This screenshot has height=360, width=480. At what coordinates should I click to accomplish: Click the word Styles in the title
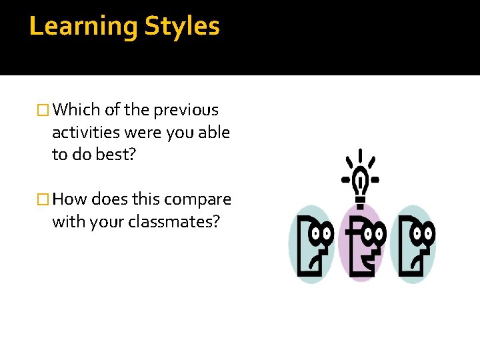[182, 27]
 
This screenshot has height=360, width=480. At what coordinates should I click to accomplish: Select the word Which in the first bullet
[76, 109]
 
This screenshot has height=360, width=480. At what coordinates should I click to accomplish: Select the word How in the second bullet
[70, 199]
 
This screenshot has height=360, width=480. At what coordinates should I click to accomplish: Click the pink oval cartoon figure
[361, 243]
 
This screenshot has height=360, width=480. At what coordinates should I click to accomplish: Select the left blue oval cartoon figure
[311, 245]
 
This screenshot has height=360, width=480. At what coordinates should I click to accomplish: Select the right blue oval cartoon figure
[413, 245]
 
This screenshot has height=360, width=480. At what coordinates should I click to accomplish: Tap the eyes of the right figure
[423, 233]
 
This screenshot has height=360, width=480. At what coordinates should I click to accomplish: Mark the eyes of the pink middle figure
[373, 233]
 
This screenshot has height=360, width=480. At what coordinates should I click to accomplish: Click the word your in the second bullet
[101, 221]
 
